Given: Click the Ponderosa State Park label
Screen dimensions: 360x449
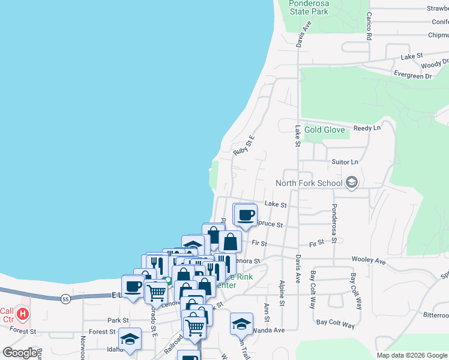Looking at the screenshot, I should [309, 7].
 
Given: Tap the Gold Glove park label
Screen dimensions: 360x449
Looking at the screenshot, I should [324, 130].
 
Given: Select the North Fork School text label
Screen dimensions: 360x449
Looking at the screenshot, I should [309, 183].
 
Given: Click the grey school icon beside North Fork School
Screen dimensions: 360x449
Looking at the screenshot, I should [352, 182].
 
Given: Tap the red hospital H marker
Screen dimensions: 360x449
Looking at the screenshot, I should [23, 313].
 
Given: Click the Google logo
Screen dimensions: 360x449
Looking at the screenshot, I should [20, 353].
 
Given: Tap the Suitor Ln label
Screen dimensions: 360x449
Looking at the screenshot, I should [345, 162].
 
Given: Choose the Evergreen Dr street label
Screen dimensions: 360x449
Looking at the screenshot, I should [413, 76].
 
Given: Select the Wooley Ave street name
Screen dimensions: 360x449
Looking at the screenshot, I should [372, 261].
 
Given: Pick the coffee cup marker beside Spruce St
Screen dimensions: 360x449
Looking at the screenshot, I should [245, 215].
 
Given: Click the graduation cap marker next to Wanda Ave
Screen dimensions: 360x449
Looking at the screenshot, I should [241, 324].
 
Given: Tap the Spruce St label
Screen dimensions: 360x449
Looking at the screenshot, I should [270, 224].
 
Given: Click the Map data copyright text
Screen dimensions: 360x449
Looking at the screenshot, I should [411, 355].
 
